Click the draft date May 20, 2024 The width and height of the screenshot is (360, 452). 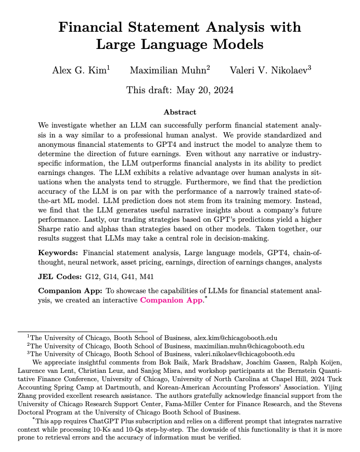[203, 90]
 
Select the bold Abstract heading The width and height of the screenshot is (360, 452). [180, 112]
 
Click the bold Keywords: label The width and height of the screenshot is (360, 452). [59, 253]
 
